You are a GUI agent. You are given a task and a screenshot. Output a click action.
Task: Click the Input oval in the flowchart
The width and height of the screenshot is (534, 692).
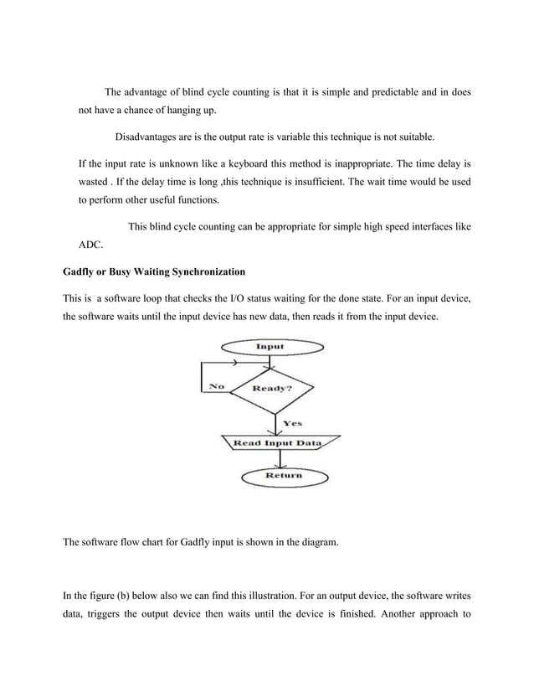point(269,347)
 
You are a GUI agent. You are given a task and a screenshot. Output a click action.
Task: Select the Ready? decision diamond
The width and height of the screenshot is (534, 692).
point(271,390)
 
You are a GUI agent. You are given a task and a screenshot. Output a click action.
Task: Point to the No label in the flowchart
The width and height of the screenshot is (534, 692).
point(216,386)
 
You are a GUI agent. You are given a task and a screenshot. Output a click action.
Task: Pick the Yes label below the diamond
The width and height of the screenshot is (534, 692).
point(293,423)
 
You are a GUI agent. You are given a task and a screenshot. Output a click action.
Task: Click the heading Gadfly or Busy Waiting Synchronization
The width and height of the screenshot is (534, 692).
point(154,271)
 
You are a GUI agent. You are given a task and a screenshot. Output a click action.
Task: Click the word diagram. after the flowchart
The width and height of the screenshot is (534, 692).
point(318,542)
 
